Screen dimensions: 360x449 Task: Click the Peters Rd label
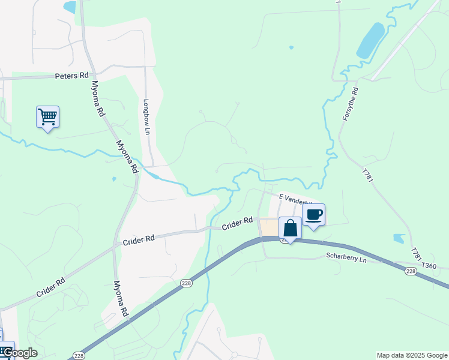coord(71,76)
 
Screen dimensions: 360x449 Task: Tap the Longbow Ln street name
coord(145,112)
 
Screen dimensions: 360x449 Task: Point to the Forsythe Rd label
coord(350,104)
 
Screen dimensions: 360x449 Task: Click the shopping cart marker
coord(47,116)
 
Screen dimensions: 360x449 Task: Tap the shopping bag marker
coord(290,229)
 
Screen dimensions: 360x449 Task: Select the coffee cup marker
coord(313,215)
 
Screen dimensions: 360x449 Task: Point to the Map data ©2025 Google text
coord(412,355)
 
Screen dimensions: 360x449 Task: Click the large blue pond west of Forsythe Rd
coord(370,41)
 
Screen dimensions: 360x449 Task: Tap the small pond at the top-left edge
coord(70,7)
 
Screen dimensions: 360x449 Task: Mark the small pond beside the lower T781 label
coord(399,238)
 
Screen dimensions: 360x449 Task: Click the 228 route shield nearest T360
coord(411,272)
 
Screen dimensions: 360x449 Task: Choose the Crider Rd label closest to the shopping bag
coord(237,224)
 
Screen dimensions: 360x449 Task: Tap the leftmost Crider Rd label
coord(50,287)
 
